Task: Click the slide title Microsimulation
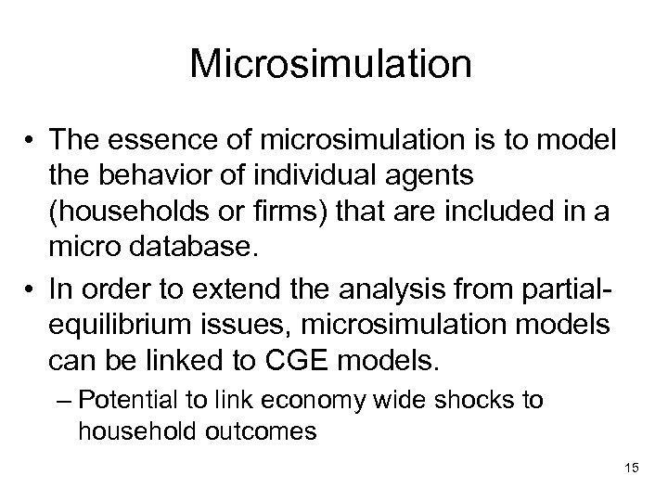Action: [x=331, y=66]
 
